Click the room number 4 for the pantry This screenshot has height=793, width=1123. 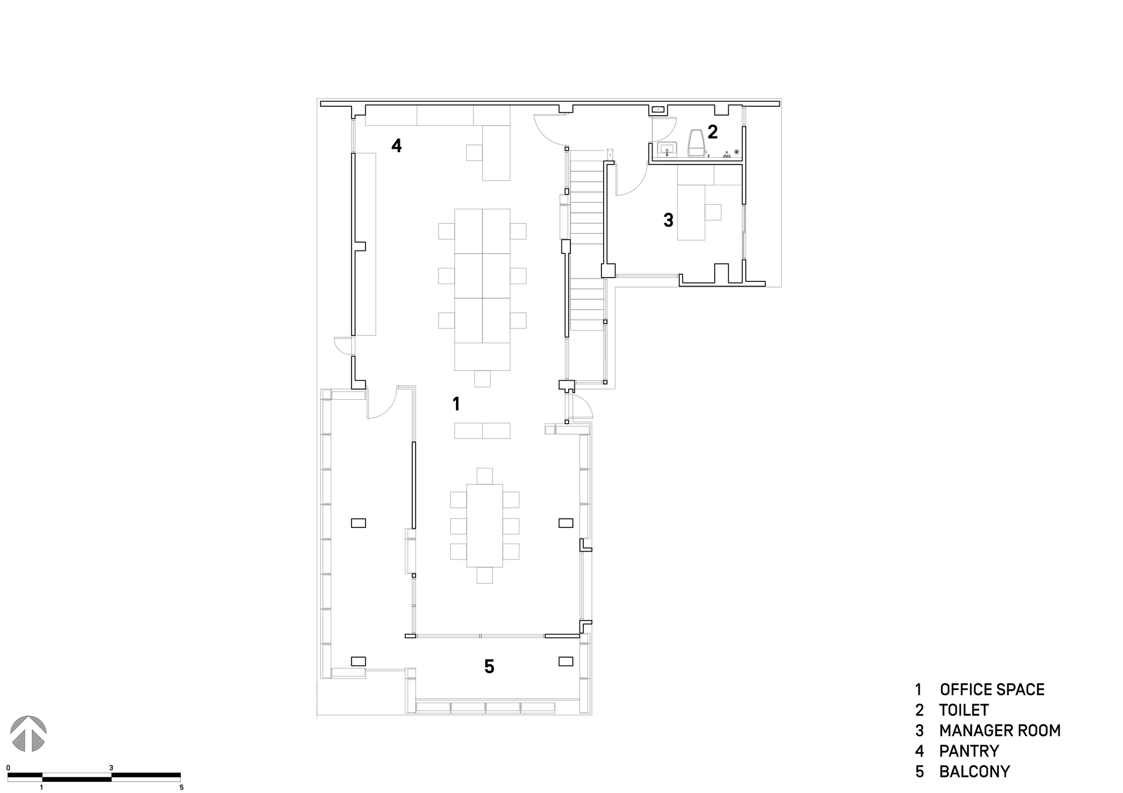point(396,146)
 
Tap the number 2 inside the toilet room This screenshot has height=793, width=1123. point(712,132)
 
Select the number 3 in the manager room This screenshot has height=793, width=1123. point(668,220)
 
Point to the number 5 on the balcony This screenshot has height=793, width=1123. point(489,667)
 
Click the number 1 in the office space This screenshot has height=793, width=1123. point(456,403)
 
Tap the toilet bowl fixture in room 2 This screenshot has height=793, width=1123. point(696,143)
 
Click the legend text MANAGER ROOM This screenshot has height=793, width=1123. point(999,731)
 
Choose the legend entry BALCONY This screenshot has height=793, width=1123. point(974,772)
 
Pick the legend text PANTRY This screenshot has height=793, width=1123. point(969,751)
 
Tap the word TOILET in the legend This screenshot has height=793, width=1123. point(964,710)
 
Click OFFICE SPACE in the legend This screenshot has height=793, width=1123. point(992,690)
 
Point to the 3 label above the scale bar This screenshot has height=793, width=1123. point(111,767)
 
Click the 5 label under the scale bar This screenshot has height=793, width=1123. point(181,787)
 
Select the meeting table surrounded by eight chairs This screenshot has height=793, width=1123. point(485,525)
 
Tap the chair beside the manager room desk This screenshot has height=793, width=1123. point(713,212)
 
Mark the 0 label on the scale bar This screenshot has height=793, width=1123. point(8,767)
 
